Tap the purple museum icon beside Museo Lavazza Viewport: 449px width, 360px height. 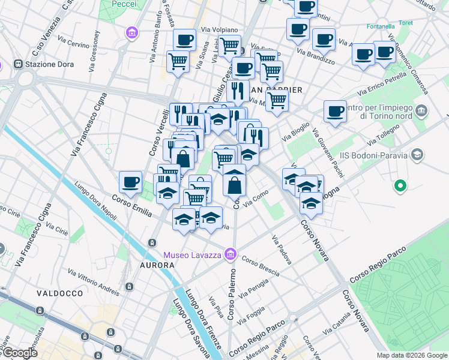tap(229, 255)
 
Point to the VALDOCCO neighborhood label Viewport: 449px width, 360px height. tap(59, 293)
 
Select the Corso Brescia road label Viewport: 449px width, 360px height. tap(261, 266)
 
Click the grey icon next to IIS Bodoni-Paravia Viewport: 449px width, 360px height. tap(417, 156)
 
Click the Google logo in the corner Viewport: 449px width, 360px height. tap(19, 353)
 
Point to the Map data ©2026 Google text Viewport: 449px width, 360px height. tap(412, 355)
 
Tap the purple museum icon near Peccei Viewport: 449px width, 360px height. tap(131, 34)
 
